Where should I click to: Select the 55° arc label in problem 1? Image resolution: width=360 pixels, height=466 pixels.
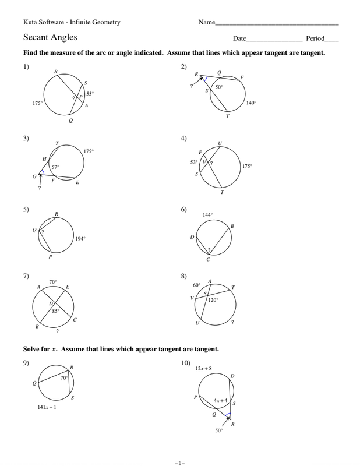90,93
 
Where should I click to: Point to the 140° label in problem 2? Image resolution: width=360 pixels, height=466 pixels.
251,103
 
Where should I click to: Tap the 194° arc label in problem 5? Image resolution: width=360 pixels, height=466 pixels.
80,238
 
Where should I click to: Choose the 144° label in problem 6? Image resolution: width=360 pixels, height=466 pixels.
207,215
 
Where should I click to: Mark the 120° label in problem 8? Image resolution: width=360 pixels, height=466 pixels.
213,300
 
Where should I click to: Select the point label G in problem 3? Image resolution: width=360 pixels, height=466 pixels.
34,175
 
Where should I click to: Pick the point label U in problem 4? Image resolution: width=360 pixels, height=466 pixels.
220,142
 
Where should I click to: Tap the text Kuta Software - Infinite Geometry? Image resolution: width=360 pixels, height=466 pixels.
72,22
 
